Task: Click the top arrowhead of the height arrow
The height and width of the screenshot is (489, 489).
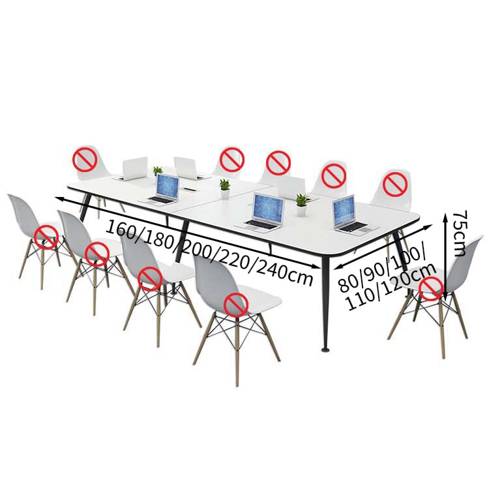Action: click(x=447, y=215)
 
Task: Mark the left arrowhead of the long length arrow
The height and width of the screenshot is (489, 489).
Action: click(x=59, y=199)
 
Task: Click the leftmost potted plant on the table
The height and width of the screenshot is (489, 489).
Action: click(x=158, y=171)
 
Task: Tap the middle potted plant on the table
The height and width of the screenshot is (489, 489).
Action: click(x=224, y=188)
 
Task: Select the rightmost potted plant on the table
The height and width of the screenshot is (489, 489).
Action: click(x=302, y=205)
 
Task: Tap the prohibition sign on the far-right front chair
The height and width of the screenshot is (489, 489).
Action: click(x=431, y=289)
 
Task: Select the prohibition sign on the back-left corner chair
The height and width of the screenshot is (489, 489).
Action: click(x=84, y=159)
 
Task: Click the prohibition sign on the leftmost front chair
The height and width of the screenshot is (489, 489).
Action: click(x=46, y=237)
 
